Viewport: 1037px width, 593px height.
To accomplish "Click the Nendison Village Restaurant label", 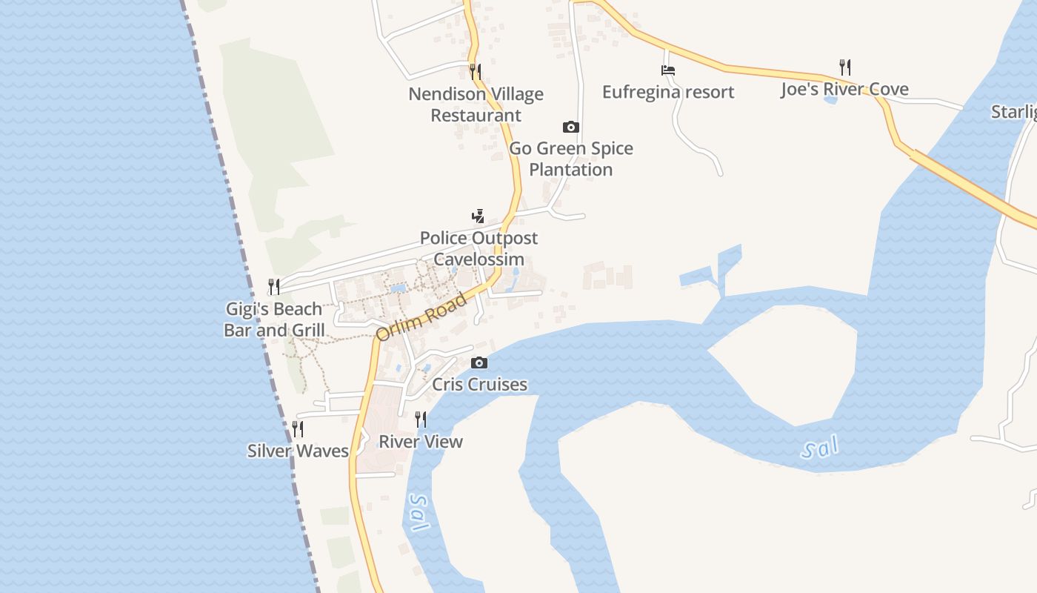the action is (x=476, y=105).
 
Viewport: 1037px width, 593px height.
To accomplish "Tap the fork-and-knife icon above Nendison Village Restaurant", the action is (x=476, y=71).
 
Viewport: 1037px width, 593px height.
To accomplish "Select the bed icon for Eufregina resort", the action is (x=668, y=70).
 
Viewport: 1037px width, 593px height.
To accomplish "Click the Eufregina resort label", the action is (x=668, y=92).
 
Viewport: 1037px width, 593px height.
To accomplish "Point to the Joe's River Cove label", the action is (x=844, y=90).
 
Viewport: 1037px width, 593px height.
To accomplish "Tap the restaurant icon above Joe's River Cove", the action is (x=845, y=67).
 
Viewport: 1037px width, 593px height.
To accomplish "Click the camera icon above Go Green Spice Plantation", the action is (x=570, y=127).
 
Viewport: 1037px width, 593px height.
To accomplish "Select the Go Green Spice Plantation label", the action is (x=571, y=159).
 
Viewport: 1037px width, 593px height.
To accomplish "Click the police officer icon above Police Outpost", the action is (x=479, y=216).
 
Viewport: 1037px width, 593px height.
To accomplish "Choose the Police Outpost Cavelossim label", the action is (x=479, y=248).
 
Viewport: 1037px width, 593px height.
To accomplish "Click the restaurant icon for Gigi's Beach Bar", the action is (x=274, y=286).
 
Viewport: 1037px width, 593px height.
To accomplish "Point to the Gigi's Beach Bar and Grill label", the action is (x=274, y=319).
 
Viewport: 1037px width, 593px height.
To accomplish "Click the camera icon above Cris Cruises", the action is (x=479, y=362).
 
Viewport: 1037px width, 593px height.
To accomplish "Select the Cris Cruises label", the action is (x=479, y=384).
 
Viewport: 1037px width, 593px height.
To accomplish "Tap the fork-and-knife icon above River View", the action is (x=421, y=420).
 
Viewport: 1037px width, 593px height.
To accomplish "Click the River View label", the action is (x=421, y=442).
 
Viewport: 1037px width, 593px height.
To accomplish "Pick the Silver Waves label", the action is (x=298, y=451).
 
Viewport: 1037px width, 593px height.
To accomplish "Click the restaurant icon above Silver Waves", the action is (x=298, y=428).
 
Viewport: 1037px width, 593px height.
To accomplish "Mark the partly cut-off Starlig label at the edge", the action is (x=1014, y=112).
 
